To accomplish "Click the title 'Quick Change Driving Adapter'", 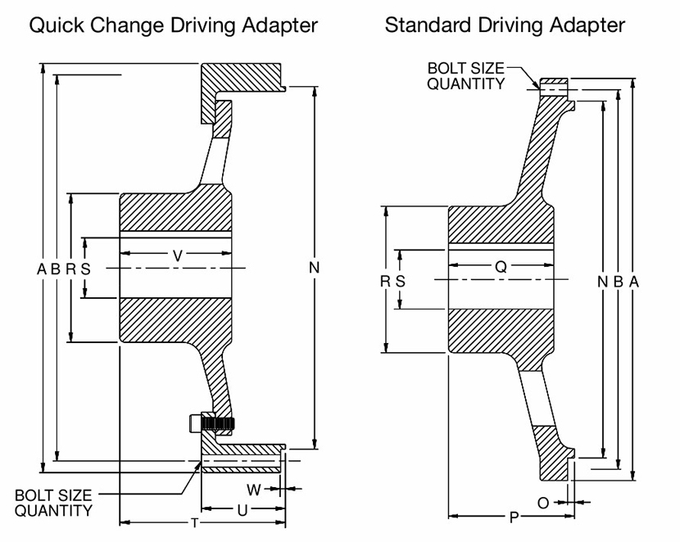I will tap(173, 25).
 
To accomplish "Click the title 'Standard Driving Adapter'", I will tap(505, 25).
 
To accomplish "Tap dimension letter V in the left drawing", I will tap(178, 256).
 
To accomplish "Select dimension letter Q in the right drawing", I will tap(501, 266).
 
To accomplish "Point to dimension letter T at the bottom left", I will tap(194, 522).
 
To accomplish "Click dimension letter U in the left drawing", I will tap(243, 510).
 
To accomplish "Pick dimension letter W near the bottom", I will tap(254, 490).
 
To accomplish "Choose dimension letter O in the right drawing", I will tap(543, 503).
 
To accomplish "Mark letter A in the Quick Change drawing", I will tap(41, 268).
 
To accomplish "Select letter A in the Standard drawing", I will tap(632, 281).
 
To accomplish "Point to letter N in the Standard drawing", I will tap(603, 281).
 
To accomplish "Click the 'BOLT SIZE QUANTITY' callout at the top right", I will tap(465, 75).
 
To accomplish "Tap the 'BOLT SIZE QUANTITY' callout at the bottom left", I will tap(52, 503).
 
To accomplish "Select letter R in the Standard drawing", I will tap(385, 281).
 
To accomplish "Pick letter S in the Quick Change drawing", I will tap(85, 268).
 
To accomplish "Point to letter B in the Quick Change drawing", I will tap(56, 268).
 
